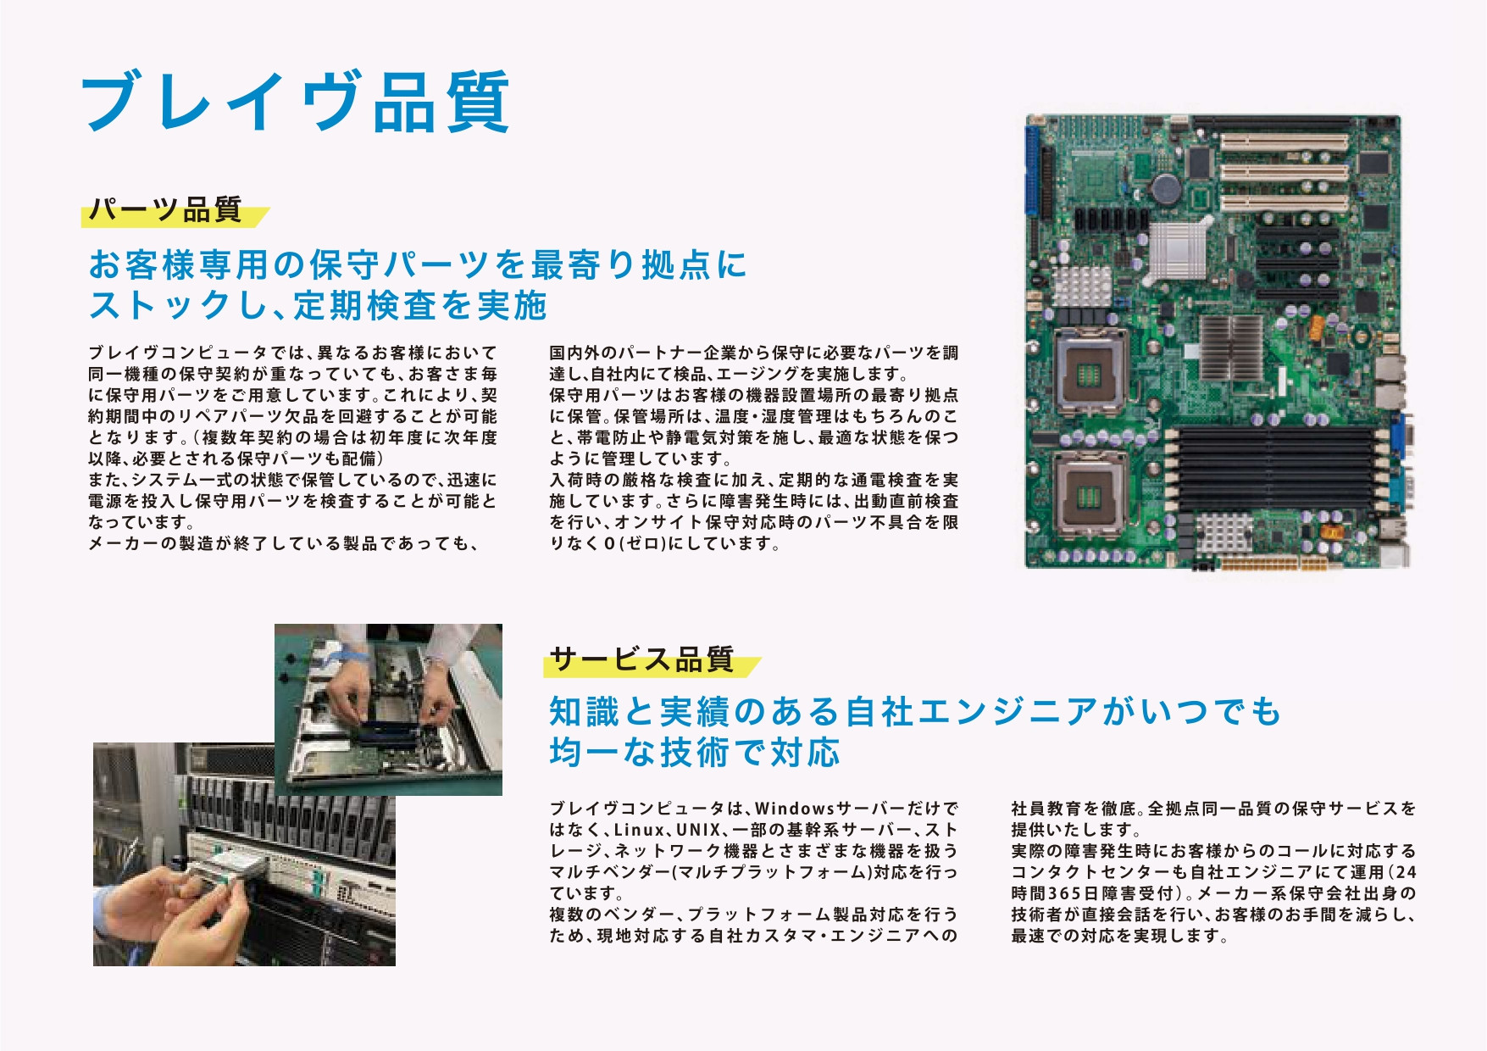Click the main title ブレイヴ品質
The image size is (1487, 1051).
pos(295,102)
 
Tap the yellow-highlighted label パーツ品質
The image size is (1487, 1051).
pos(166,209)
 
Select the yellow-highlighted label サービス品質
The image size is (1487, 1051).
pos(641,659)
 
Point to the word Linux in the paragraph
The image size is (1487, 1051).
pos(639,830)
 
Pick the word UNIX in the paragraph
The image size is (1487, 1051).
pos(698,830)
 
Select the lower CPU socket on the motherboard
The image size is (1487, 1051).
pos(1090,494)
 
